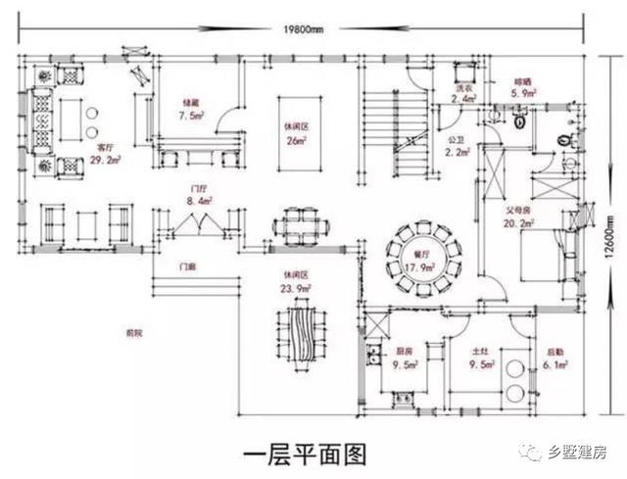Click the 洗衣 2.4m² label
[x=465, y=94]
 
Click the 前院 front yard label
[x=134, y=334]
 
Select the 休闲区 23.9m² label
[x=296, y=282]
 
